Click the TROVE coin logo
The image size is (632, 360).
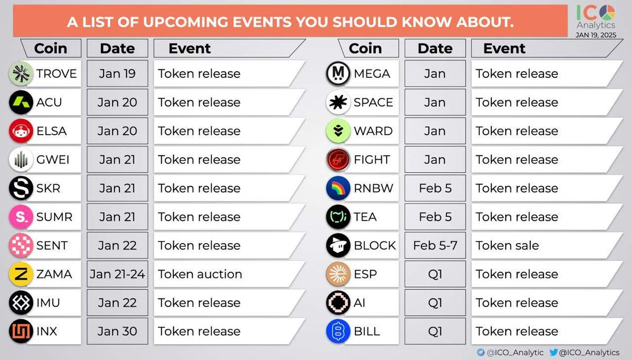pos(21,74)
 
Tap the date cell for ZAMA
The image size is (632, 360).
pos(117,274)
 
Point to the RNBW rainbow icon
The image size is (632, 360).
pos(338,188)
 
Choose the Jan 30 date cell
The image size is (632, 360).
pos(117,331)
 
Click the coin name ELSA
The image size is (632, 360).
pos(52,131)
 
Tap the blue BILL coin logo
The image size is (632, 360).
pos(338,331)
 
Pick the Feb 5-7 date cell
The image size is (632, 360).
pos(435,245)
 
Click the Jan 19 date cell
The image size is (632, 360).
pos(117,74)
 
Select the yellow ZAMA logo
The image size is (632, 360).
pos(21,274)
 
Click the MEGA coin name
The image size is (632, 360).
pos(372,74)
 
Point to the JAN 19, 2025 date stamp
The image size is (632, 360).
pos(596,35)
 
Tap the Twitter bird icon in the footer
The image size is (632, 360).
pos(554,352)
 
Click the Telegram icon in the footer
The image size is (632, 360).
pos(480,352)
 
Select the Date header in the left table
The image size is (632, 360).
pos(117,48)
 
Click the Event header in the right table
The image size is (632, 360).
pos(505,48)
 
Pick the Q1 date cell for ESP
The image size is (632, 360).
pos(435,274)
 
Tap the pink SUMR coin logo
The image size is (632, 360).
pos(21,217)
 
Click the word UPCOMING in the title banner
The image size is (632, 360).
pos(185,22)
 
